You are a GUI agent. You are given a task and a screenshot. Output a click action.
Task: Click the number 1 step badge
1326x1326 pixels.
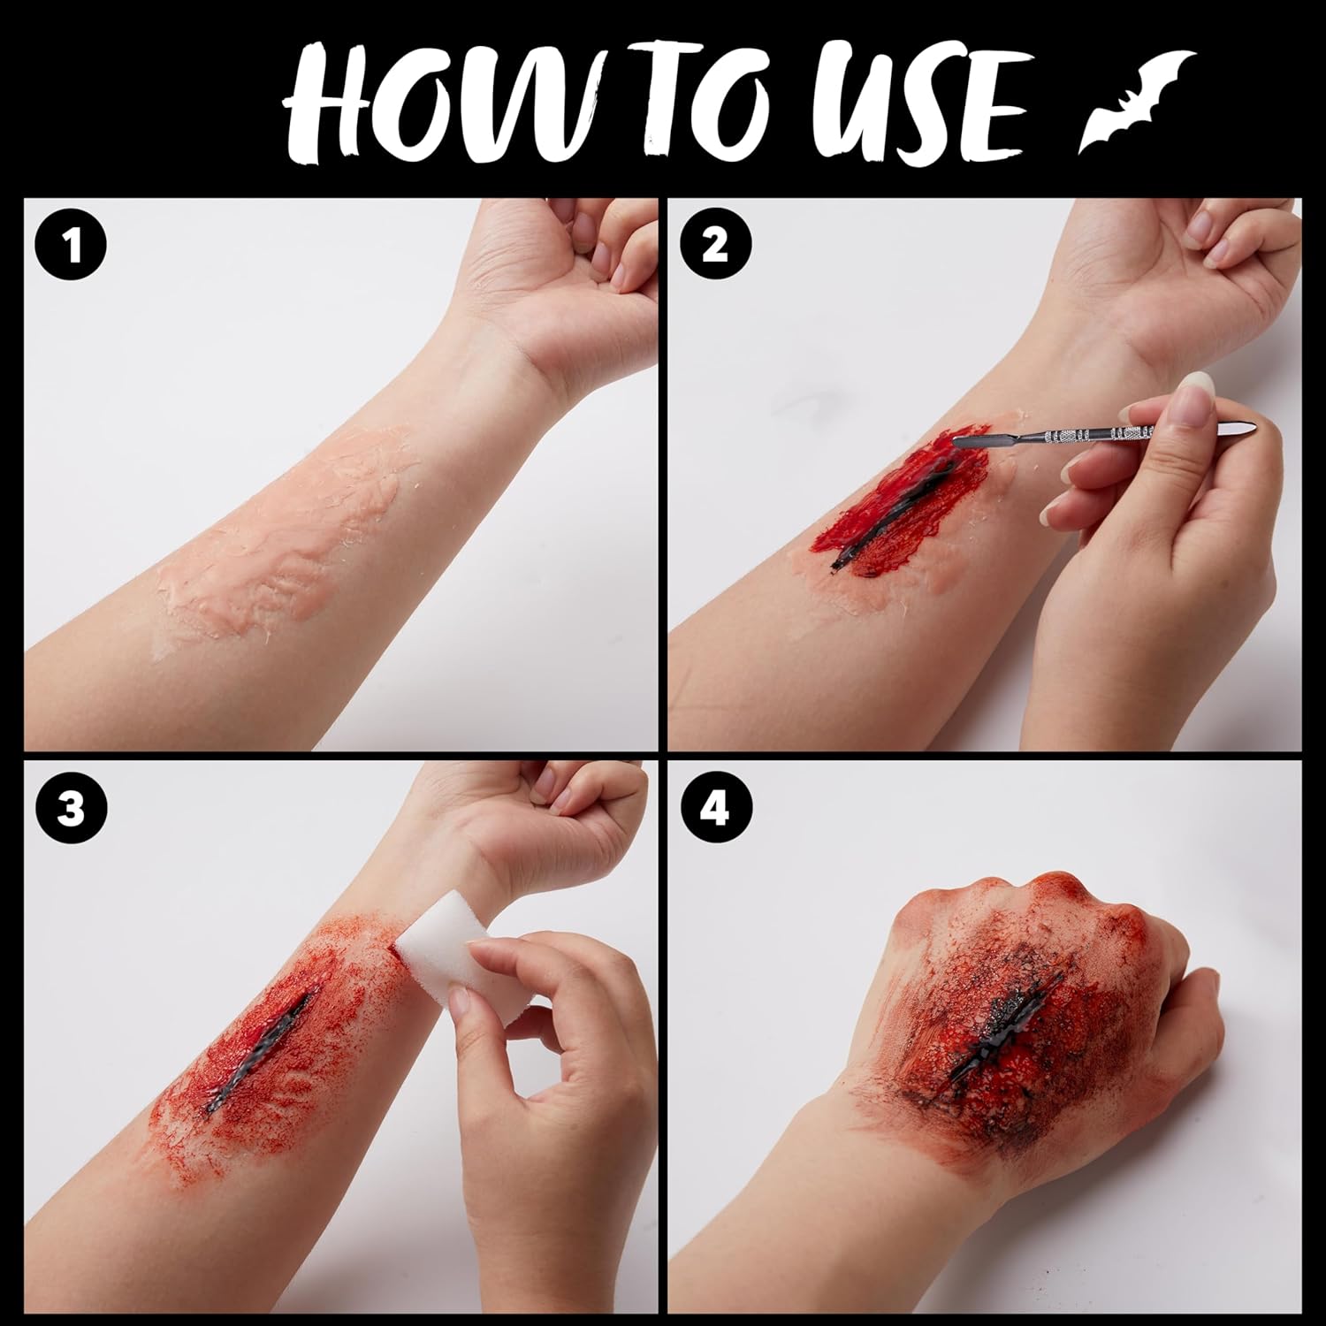[72, 247]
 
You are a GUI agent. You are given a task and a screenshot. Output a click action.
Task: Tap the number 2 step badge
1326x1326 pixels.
[715, 247]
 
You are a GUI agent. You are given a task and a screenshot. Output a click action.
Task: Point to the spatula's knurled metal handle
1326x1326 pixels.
[1096, 433]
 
